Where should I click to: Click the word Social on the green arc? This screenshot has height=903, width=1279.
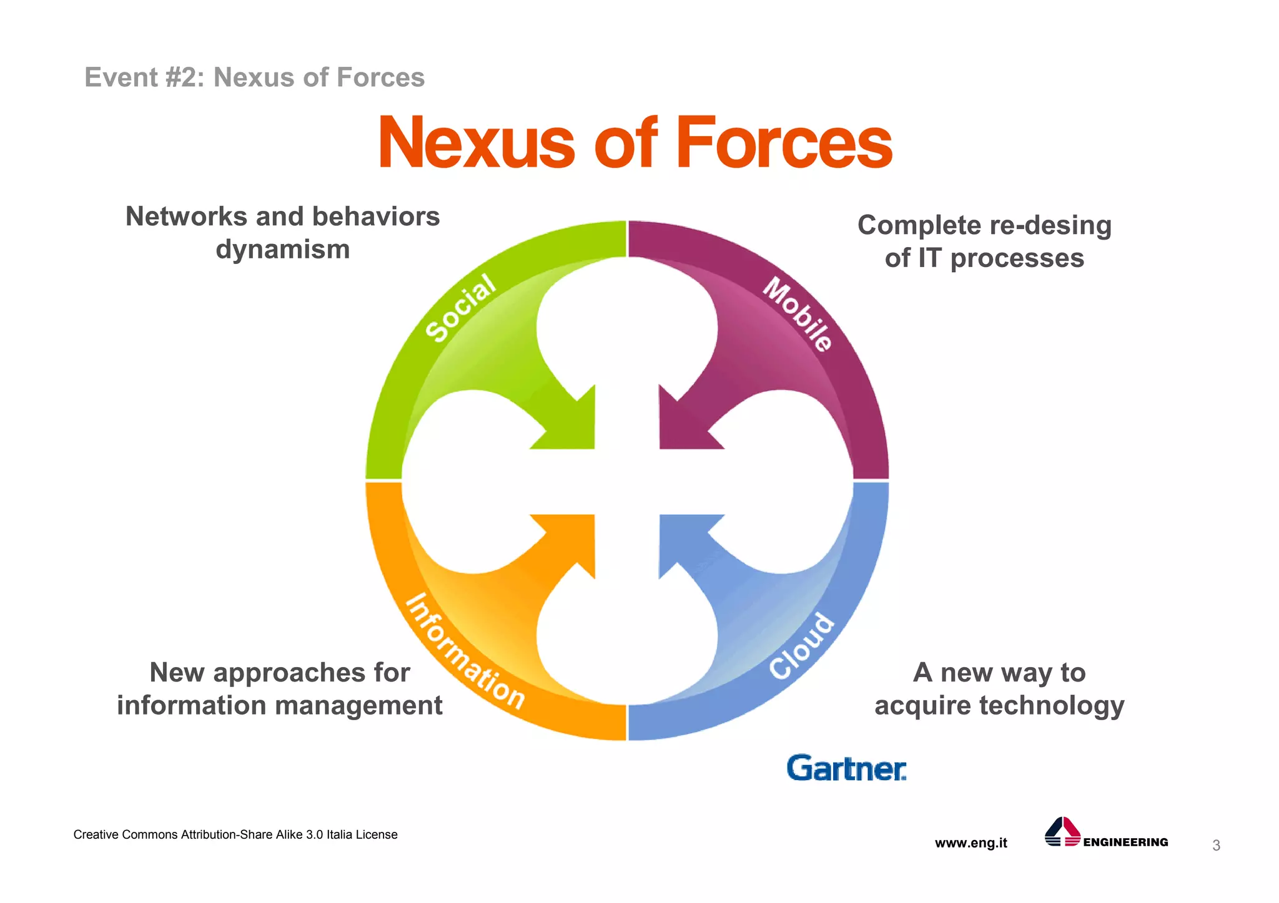click(x=461, y=308)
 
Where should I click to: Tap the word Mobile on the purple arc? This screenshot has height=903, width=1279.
click(x=798, y=314)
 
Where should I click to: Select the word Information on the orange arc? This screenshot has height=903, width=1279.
click(x=465, y=652)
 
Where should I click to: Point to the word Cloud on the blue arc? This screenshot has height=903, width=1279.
click(x=801, y=647)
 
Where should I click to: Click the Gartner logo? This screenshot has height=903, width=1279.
click(x=846, y=768)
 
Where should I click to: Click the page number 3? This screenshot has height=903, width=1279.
click(x=1216, y=846)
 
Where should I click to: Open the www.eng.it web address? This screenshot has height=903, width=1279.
click(x=970, y=843)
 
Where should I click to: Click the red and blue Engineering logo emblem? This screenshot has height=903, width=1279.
click(x=1062, y=832)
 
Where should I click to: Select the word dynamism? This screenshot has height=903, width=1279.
click(x=283, y=250)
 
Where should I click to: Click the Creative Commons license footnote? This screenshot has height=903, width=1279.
click(x=235, y=835)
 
